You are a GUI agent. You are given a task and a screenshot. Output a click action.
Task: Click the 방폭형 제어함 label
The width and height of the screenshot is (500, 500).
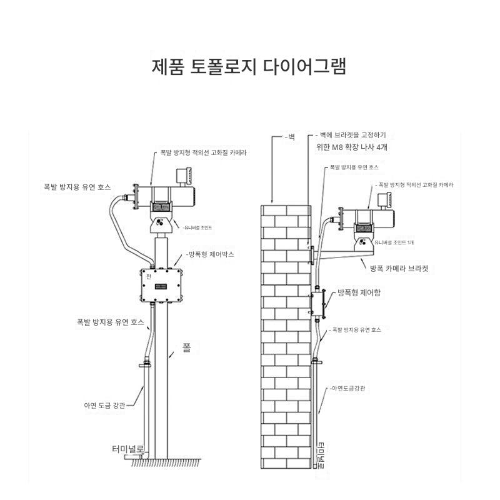click(x=358, y=292)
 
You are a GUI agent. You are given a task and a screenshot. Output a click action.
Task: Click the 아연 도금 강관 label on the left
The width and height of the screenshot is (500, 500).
click(x=105, y=405)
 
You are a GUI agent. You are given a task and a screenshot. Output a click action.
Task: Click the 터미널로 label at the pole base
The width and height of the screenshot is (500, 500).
click(x=128, y=449)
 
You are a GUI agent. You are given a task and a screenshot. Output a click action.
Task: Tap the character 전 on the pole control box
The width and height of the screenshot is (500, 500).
click(x=148, y=276)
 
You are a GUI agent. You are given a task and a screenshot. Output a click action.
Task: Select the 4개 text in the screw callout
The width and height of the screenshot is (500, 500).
click(x=380, y=149)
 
